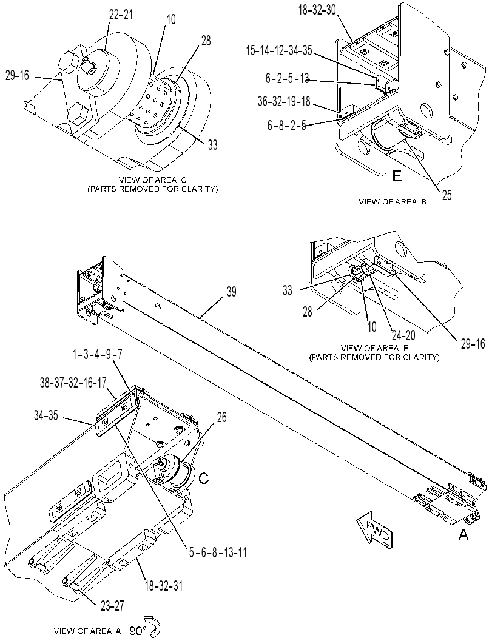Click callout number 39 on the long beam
pyautogui.click(x=231, y=292)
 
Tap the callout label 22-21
pyautogui.click(x=121, y=15)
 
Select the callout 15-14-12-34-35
pyautogui.click(x=279, y=50)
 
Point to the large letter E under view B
pyautogui.click(x=397, y=176)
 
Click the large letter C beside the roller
pyautogui.click(x=203, y=478)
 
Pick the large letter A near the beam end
pyautogui.click(x=463, y=534)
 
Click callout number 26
pyautogui.click(x=221, y=417)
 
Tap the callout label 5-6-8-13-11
pyautogui.click(x=218, y=553)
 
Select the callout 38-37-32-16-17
pyautogui.click(x=73, y=383)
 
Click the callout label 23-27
pyautogui.click(x=112, y=606)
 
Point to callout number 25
pyautogui.click(x=447, y=195)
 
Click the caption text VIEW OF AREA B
pyautogui.click(x=393, y=201)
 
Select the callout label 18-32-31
pyautogui.click(x=163, y=586)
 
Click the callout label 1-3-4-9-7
pyautogui.click(x=97, y=354)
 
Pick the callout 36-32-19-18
pyautogui.click(x=285, y=101)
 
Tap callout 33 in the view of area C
pyautogui.click(x=212, y=145)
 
